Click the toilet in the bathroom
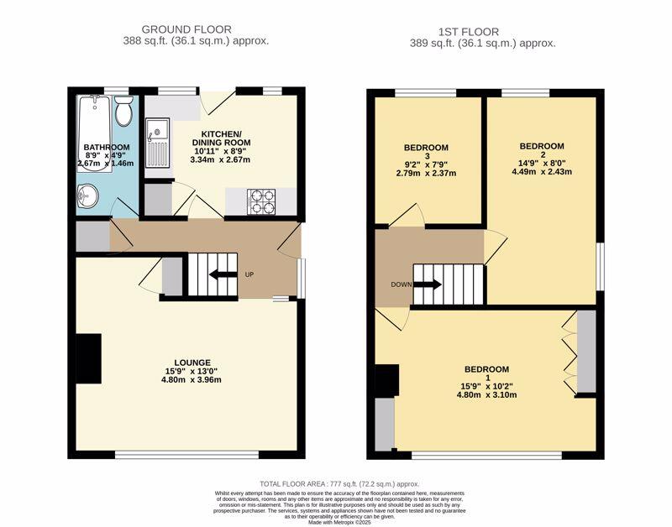pyautogui.click(x=123, y=111)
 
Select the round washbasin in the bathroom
pyautogui.click(x=87, y=195)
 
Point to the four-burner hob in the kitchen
pyautogui.click(x=260, y=201)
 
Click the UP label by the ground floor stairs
pyautogui.click(x=249, y=274)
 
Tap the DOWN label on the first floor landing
pyautogui.click(x=401, y=284)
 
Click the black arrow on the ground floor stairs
pyautogui.click(x=221, y=274)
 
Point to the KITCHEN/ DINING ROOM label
pyautogui.click(x=221, y=139)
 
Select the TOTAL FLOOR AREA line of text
pyautogui.click(x=339, y=484)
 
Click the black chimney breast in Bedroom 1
pyautogui.click(x=387, y=380)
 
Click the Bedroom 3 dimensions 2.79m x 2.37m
pyautogui.click(x=427, y=174)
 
